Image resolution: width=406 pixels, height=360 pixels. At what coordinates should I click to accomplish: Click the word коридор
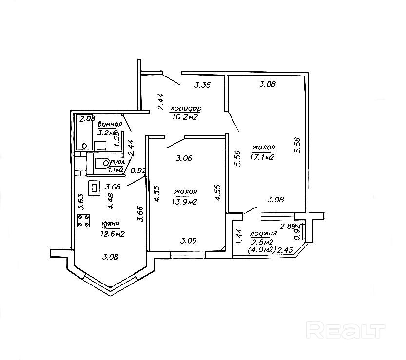pyautogui.click(x=186, y=108)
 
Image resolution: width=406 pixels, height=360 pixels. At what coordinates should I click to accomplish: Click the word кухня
pyautogui.click(x=111, y=224)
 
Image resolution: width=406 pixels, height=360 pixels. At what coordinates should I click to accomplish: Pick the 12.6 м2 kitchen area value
pyautogui.click(x=113, y=234)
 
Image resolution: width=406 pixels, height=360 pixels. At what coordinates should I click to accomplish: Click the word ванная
pyautogui.click(x=109, y=124)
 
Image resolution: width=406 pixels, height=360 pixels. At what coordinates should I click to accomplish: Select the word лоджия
pyautogui.click(x=260, y=233)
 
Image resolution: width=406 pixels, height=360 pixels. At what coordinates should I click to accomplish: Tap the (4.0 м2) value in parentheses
pyautogui.click(x=262, y=250)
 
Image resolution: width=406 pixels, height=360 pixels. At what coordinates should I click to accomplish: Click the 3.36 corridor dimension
pyautogui.click(x=202, y=85)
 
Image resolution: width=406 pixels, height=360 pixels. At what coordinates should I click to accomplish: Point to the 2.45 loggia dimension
pyautogui.click(x=285, y=250)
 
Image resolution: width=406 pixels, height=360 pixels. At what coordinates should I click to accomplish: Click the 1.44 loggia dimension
pyautogui.click(x=239, y=237)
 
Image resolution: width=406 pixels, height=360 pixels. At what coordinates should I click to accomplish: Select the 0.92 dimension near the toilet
pyautogui.click(x=139, y=171)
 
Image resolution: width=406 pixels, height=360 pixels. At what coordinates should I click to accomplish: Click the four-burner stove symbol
pyautogui.click(x=83, y=221)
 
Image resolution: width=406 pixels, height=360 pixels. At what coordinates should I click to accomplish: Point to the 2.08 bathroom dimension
pyautogui.click(x=87, y=119)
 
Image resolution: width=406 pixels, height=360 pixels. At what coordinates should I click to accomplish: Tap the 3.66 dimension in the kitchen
pyautogui.click(x=140, y=214)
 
